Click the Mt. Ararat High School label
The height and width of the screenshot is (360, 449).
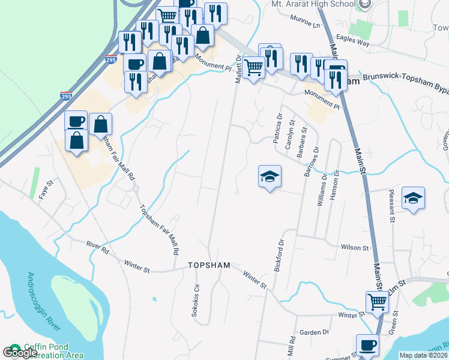(x=314, y=4)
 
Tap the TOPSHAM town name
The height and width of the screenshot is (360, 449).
(x=208, y=265)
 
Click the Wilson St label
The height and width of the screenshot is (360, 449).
(x=354, y=247)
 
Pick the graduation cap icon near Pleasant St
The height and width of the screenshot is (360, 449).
(x=413, y=198)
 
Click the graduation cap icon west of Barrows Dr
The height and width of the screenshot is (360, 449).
(x=270, y=176)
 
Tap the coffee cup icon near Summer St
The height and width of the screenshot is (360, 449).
(x=367, y=345)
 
